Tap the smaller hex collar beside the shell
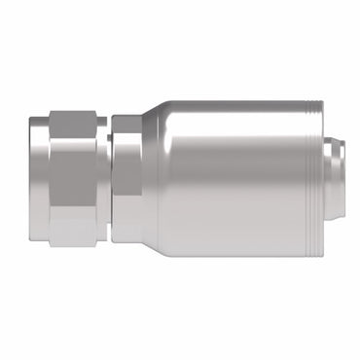coord(126,180)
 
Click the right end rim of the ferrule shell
coord(315,180)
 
